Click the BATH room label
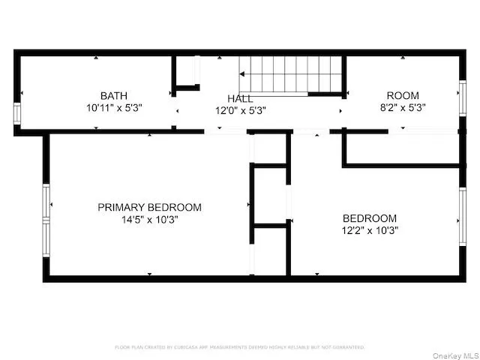114,95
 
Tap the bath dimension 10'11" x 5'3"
114,107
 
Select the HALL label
240,98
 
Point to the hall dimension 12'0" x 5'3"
241,110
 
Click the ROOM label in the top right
403,95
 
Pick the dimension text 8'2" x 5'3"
403,107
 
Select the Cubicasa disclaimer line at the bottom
240,347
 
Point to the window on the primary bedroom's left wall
47,215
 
